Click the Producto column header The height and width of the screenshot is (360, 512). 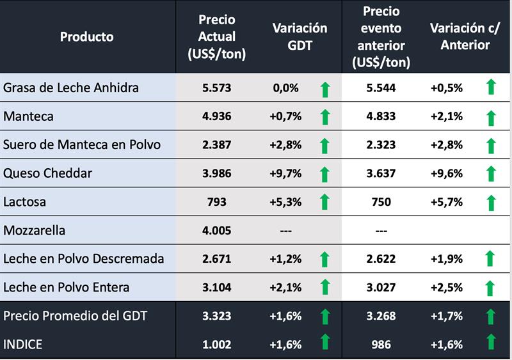pos(87,36)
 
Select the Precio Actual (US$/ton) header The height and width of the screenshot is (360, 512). pos(217,36)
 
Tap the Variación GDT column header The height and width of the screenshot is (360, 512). pos(300,36)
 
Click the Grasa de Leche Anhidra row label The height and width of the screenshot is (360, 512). pos(71,87)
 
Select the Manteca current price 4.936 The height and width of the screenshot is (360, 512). pos(217,116)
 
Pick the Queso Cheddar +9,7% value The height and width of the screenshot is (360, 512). pos(285,173)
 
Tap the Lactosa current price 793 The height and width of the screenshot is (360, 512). pos(217,202)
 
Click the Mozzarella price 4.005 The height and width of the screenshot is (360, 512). pos(217,230)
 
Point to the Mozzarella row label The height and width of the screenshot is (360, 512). pos(35,230)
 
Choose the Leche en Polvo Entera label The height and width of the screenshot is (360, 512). pos(67,287)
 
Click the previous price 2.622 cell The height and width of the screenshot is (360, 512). pos(381,259)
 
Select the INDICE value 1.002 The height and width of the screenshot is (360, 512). pos(217,344)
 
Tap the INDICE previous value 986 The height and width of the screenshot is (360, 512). pos(381,344)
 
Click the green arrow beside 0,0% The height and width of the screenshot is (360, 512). pos(324,88)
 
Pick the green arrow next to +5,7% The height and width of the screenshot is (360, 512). pos(491,202)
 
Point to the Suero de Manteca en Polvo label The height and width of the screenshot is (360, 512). pos(82,145)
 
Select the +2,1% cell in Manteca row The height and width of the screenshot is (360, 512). pos(447,116)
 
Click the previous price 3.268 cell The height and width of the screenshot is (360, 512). pos(381,316)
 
